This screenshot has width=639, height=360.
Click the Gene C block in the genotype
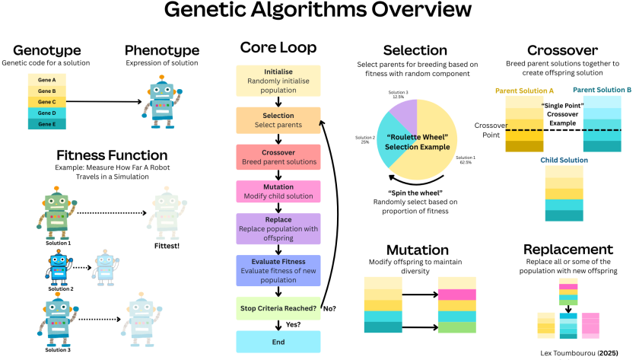click(47, 102)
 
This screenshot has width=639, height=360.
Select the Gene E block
click(47, 124)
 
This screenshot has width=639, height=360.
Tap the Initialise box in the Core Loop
click(278, 81)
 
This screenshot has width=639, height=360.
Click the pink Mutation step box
click(278, 191)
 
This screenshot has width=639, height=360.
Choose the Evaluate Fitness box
click(278, 271)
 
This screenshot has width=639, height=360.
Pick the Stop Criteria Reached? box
click(278, 308)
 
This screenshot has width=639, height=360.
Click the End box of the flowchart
click(278, 342)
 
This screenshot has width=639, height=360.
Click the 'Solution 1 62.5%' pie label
click(466, 160)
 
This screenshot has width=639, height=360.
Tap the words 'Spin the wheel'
click(415, 193)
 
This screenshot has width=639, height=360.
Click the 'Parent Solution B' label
click(602, 90)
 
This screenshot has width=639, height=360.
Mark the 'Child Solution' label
click(564, 161)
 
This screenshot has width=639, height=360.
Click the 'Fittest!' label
click(167, 246)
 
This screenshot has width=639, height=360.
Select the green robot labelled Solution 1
click(56, 213)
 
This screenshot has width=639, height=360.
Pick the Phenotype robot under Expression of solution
click(162, 101)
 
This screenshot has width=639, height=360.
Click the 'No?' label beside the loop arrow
click(329, 309)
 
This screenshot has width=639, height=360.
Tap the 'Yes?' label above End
click(293, 324)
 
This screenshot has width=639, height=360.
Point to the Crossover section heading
click(562, 50)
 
